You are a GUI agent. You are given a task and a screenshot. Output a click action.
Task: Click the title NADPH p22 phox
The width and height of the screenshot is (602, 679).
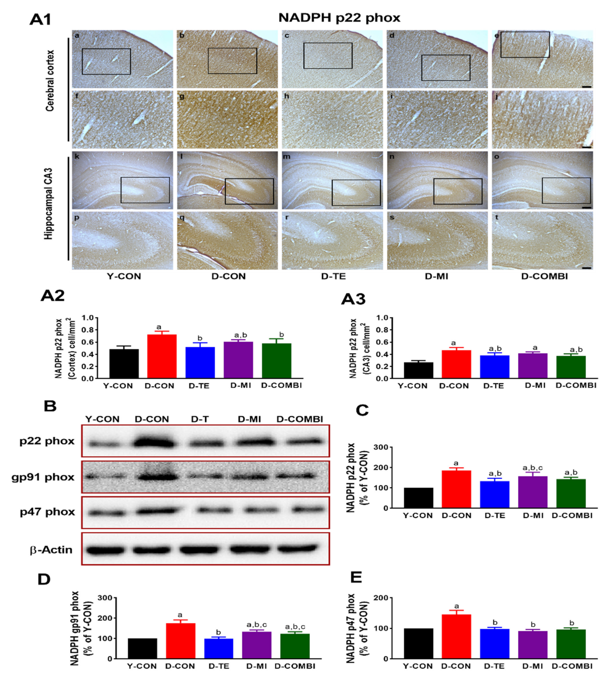(339, 18)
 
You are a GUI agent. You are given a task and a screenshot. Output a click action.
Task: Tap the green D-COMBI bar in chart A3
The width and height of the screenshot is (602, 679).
(571, 367)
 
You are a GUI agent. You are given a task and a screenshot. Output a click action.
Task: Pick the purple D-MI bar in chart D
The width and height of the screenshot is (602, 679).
(257, 645)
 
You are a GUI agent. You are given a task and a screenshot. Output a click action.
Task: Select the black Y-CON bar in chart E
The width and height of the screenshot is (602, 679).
(418, 643)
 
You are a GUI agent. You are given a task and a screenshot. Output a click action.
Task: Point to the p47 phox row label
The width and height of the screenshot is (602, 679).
(47, 512)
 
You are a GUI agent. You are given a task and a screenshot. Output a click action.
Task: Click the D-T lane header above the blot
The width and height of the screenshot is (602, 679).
(200, 419)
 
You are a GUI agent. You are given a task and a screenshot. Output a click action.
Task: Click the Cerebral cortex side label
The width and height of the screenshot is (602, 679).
(50, 81)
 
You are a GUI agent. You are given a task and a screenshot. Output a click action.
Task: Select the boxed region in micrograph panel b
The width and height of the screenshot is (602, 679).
(232, 61)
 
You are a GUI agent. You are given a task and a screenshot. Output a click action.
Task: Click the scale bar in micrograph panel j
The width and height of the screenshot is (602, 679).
(586, 146)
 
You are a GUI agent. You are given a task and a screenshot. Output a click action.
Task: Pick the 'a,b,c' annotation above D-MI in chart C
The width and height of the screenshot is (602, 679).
(533, 468)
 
